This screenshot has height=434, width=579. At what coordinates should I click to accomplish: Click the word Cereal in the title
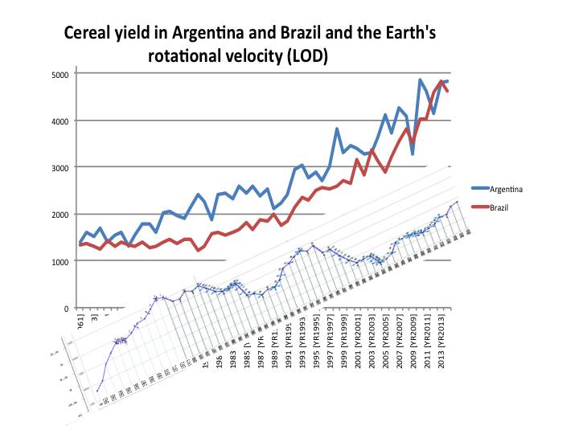(x=92, y=35)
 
